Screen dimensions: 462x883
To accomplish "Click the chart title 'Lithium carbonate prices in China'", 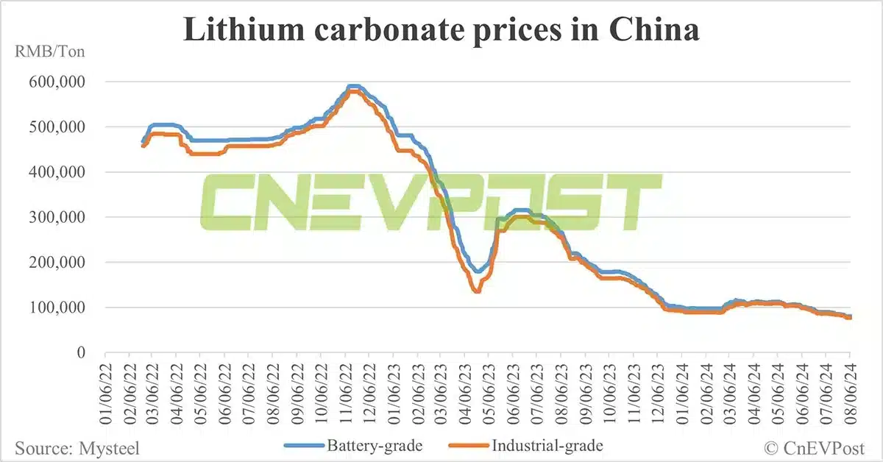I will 441,30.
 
